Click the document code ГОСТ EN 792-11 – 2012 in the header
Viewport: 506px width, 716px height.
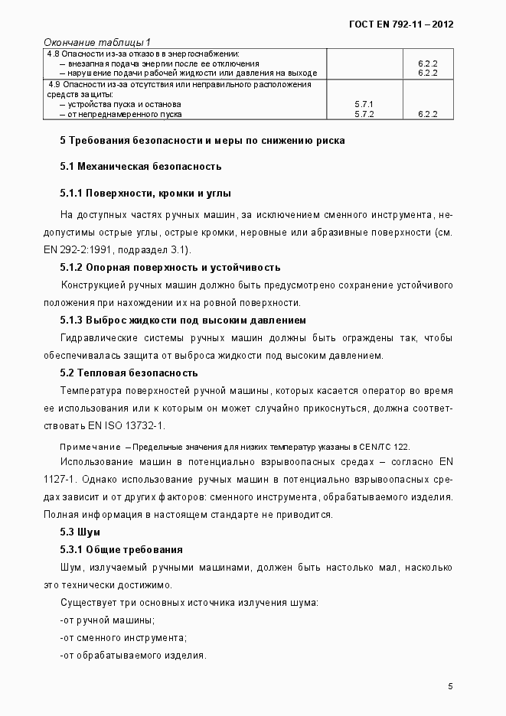[x=401, y=24]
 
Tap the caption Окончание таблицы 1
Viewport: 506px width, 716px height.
[x=97, y=41]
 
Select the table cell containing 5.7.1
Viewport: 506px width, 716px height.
[x=364, y=103]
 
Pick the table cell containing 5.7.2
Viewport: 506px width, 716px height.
[x=364, y=114]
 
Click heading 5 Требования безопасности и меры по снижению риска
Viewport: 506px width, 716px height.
[x=202, y=141]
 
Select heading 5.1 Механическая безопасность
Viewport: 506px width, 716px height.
[x=141, y=166]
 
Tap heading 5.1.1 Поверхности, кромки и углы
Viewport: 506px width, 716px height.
[x=145, y=193]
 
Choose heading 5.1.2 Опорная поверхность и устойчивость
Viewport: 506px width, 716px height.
[x=170, y=268]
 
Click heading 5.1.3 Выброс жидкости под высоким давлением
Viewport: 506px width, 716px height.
[x=183, y=320]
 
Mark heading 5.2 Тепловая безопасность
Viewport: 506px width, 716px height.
[x=129, y=373]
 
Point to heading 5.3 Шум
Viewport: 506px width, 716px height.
[x=80, y=532]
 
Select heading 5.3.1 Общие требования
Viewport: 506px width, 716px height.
[x=121, y=549]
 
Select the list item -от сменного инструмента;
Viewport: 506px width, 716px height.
[x=123, y=637]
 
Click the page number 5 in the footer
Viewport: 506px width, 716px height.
[x=450, y=686]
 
